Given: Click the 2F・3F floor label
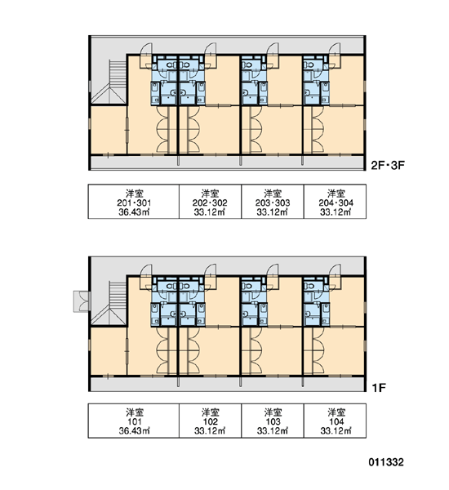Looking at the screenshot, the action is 388,165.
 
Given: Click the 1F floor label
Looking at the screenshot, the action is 379,388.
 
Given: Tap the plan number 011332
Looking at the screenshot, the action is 386,462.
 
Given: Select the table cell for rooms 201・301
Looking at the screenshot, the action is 133,202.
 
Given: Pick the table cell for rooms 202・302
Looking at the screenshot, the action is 210,202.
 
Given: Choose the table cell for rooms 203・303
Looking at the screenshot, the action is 273,202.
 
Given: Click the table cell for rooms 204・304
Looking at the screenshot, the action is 335,202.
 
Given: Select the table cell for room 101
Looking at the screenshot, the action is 133,421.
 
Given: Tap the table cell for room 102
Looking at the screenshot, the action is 210,421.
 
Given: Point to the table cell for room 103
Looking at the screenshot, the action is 273,421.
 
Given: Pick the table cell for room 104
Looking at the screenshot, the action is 335,421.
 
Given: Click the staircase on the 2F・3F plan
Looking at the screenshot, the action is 109,82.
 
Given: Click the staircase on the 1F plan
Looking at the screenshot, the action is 109,303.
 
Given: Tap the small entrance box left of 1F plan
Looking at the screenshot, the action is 82,301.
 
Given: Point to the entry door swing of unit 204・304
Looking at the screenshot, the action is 335,55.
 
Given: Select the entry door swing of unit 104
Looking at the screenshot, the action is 335,276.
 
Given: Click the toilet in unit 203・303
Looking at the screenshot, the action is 247,65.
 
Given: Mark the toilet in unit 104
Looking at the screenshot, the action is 309,286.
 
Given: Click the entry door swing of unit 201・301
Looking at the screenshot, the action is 146,55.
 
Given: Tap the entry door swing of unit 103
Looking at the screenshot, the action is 273,276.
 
